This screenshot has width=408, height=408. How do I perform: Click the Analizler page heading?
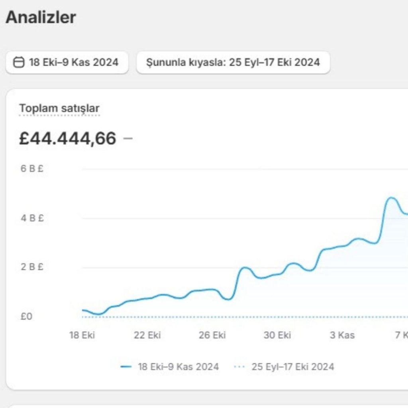(41, 18)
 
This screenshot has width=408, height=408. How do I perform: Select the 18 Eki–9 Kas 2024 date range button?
(67, 63)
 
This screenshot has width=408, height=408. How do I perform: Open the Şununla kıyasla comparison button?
(233, 63)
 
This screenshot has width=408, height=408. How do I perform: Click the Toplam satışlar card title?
(59, 108)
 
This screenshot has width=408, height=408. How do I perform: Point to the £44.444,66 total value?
(68, 139)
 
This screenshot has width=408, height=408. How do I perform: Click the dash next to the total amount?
(128, 139)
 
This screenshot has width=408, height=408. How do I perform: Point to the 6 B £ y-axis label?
(32, 169)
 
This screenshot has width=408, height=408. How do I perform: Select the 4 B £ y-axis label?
(32, 218)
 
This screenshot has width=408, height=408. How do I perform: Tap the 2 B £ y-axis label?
(32, 267)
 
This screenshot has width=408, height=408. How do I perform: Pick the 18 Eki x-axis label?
(82, 335)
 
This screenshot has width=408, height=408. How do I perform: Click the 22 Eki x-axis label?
(147, 335)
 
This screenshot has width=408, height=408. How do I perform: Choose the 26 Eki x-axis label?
(212, 335)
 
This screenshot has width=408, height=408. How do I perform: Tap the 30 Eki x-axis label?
(277, 335)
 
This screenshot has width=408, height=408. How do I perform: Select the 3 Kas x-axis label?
(342, 335)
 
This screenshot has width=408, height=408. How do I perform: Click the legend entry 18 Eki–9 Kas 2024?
(178, 367)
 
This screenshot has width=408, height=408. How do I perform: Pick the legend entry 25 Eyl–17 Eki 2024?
(292, 367)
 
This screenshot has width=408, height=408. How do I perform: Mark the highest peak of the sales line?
(391, 198)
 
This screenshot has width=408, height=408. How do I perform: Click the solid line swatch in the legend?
(126, 367)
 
